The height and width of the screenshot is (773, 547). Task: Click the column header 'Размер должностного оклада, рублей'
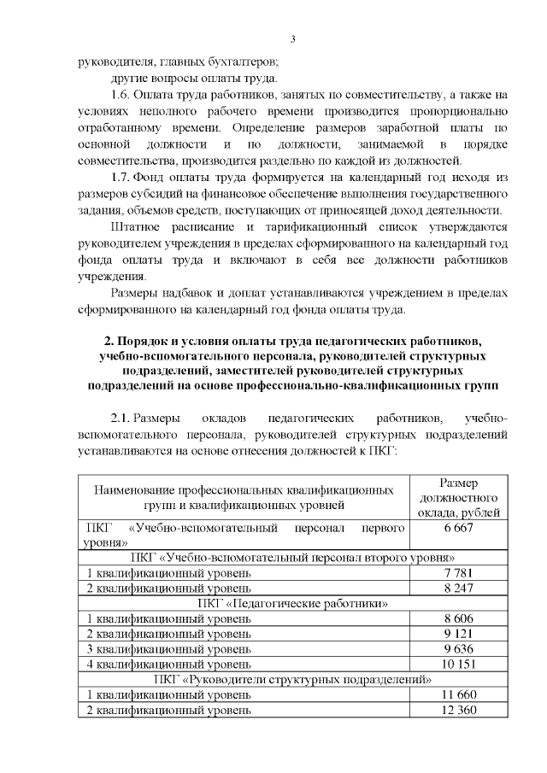point(458,499)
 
